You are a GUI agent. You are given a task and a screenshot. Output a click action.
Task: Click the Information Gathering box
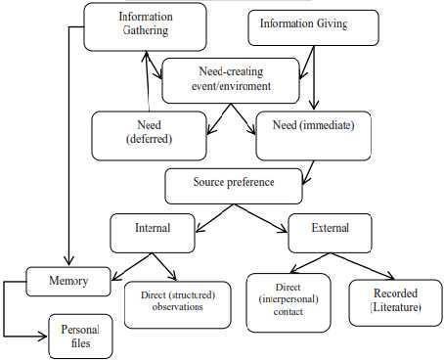tap(145, 26)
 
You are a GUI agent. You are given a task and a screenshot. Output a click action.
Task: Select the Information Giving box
tap(313, 27)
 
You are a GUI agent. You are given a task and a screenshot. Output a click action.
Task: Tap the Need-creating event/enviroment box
tap(231, 80)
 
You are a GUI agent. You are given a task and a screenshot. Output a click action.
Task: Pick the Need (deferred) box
tap(149, 136)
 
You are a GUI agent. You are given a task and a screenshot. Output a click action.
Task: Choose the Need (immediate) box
tap(314, 136)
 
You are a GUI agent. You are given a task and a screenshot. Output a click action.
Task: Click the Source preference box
tap(234, 186)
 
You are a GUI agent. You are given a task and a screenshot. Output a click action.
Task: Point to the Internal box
tap(153, 233)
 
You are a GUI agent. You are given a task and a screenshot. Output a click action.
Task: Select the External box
tap(330, 233)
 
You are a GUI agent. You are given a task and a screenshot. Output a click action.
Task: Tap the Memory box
tap(68, 282)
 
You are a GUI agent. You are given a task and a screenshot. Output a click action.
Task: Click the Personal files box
tap(80, 337)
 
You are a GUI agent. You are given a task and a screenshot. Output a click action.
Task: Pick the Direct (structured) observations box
tap(178, 304)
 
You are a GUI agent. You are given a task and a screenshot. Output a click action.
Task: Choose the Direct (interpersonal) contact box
tap(289, 302)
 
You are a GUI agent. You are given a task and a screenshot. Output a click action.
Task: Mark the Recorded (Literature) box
tap(395, 302)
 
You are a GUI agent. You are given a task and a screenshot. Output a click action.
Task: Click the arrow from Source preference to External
tap(261, 218)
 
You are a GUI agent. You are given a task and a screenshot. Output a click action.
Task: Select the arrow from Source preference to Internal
tap(215, 218)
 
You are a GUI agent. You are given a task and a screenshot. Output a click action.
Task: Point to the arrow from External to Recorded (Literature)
tap(363, 266)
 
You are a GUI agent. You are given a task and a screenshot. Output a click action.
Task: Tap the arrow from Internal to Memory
tap(132, 267)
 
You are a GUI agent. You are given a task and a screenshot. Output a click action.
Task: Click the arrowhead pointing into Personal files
tap(43, 337)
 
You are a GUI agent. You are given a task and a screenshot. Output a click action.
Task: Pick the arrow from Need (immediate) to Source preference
tap(308, 173)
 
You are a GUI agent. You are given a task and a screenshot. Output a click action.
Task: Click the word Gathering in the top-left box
tap(146, 30)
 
